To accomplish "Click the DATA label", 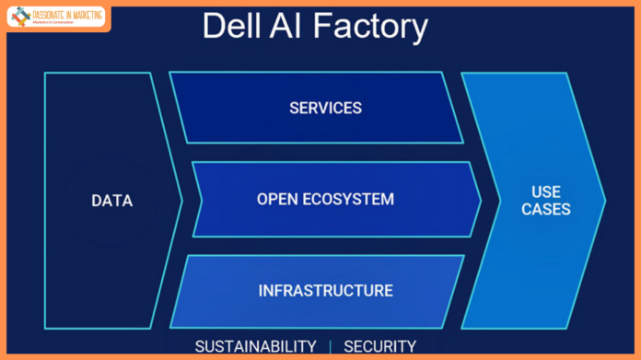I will click(x=111, y=201).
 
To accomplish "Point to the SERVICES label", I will click(x=325, y=108).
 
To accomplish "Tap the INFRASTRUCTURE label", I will click(x=325, y=291).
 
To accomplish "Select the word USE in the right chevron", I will click(x=546, y=191).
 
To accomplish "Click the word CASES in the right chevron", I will click(x=546, y=210).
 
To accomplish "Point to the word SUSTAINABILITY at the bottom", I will click(x=255, y=346).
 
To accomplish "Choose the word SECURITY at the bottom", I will click(x=379, y=346).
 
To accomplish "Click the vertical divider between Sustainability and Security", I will click(x=330, y=346).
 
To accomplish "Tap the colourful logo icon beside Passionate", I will click(x=19, y=17).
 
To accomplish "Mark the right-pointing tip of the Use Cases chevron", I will click(x=604, y=200).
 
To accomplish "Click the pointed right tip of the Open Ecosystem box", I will click(x=481, y=200).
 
